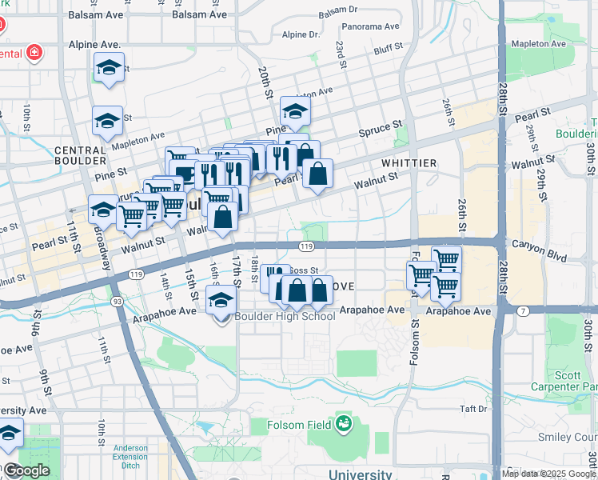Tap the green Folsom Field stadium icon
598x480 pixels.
tap(344, 422)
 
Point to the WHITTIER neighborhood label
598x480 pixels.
tap(409, 163)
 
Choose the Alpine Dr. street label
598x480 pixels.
tap(301, 34)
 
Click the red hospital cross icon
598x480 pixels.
tap(34, 54)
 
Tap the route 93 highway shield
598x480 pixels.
tap(118, 301)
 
